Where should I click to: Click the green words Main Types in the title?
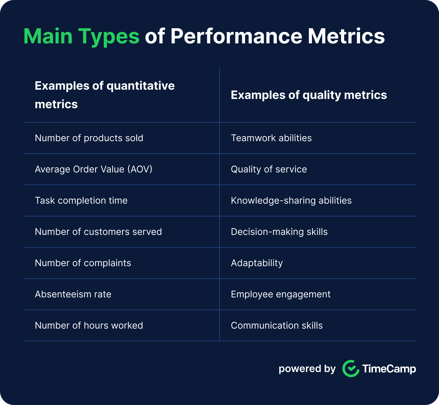[x=82, y=37]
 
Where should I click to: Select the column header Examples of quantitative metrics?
[x=105, y=95]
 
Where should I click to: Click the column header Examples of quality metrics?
[x=309, y=95]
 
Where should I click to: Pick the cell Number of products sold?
[x=89, y=138]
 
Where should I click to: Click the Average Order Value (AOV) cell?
[x=93, y=169]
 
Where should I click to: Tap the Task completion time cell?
[x=81, y=200]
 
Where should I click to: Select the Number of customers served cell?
[x=98, y=232]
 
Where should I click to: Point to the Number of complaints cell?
[x=83, y=263]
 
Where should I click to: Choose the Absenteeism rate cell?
[x=73, y=294]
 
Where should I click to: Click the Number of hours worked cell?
[x=89, y=325]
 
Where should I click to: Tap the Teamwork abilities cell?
[x=271, y=138]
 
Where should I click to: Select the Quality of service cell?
[x=269, y=169]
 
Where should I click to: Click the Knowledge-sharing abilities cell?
[x=291, y=200]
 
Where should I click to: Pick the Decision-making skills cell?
[x=279, y=232]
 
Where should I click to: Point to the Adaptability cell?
[x=257, y=263]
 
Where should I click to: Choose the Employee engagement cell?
[x=281, y=294]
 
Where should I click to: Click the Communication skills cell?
[x=277, y=325]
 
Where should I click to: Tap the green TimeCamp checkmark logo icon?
[x=351, y=369]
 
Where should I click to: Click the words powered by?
[x=307, y=369]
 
